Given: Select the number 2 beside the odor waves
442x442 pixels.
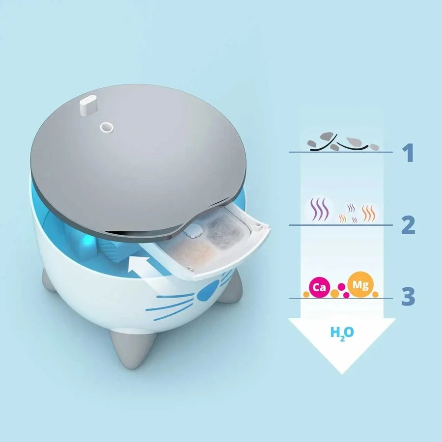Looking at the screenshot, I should [x=408, y=225].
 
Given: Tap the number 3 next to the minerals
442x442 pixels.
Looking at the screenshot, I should [x=408, y=297].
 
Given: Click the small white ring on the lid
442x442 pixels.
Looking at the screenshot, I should [x=106, y=127].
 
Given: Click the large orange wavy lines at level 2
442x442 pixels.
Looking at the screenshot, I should [x=368, y=213].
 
